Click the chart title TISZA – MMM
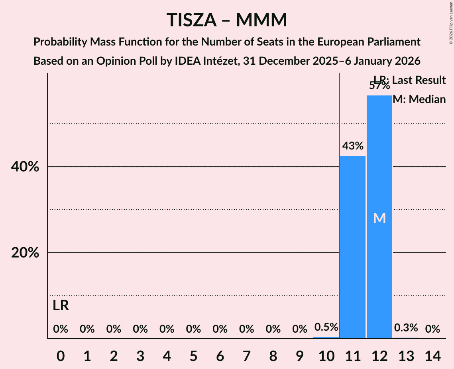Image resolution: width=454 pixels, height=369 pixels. coord(227,20)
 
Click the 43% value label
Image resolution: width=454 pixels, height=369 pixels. coord(353,146)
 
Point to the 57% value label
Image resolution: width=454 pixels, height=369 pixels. coord(379,85)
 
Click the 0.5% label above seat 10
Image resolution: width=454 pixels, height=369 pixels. coord(326,327)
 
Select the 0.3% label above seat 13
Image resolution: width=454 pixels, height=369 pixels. coord(406,328)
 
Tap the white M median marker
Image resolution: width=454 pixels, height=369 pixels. coord(379,218)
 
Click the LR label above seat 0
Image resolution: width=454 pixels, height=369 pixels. coord(61,306)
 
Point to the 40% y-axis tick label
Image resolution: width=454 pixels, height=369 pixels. coord(25,167)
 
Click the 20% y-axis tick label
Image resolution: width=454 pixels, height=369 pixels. coord(25,253)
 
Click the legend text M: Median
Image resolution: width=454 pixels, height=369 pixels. coord(419,99)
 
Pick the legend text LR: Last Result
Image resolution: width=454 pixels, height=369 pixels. coord(410,80)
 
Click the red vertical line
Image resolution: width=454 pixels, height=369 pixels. coord(339,200)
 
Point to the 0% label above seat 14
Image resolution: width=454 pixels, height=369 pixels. coord(432,329)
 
